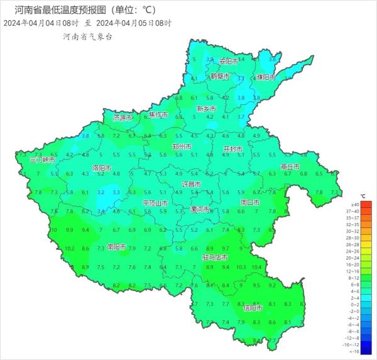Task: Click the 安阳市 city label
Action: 229,62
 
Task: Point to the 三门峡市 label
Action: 26,160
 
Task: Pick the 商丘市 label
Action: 290,166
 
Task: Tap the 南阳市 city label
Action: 117,247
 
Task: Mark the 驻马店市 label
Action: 215,258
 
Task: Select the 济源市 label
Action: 123,117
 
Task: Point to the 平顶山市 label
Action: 155,203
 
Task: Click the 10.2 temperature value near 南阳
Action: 70,249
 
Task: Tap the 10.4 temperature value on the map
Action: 256,267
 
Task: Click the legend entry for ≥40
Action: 354,205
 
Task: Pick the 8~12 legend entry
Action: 354,277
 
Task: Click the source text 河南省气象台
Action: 88,37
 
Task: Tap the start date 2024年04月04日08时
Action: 40,23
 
